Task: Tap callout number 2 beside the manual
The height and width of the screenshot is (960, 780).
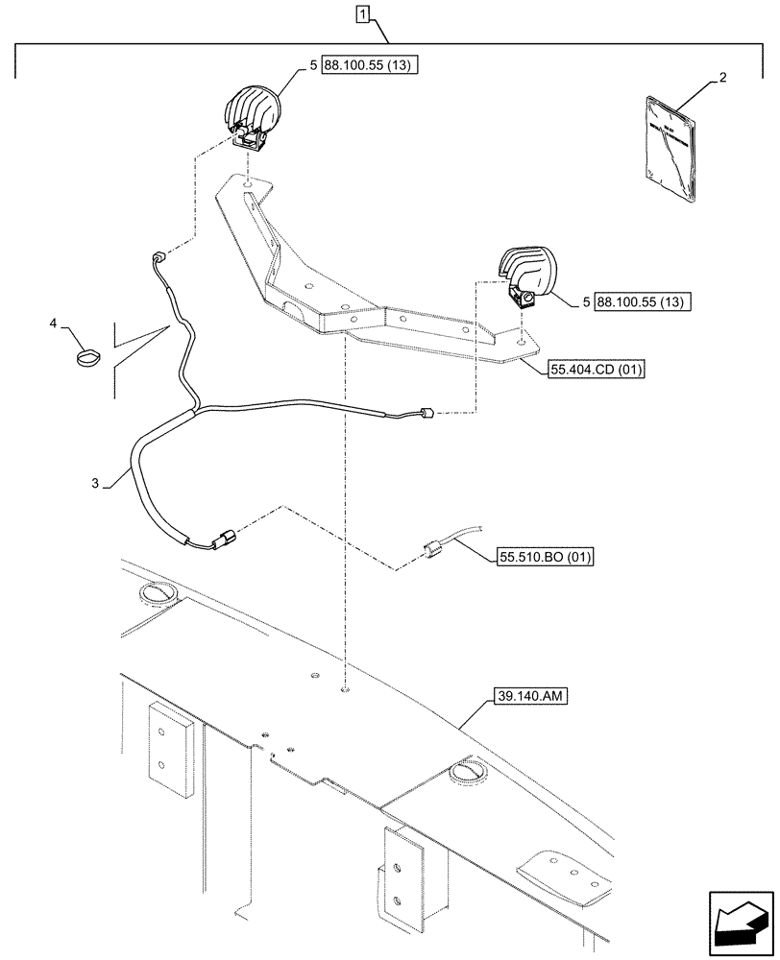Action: [x=722, y=82]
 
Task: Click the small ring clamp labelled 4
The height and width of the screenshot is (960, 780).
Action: [x=85, y=357]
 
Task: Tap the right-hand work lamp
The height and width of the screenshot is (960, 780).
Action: [x=527, y=273]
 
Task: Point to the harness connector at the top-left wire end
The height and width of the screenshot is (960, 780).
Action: [x=158, y=257]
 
